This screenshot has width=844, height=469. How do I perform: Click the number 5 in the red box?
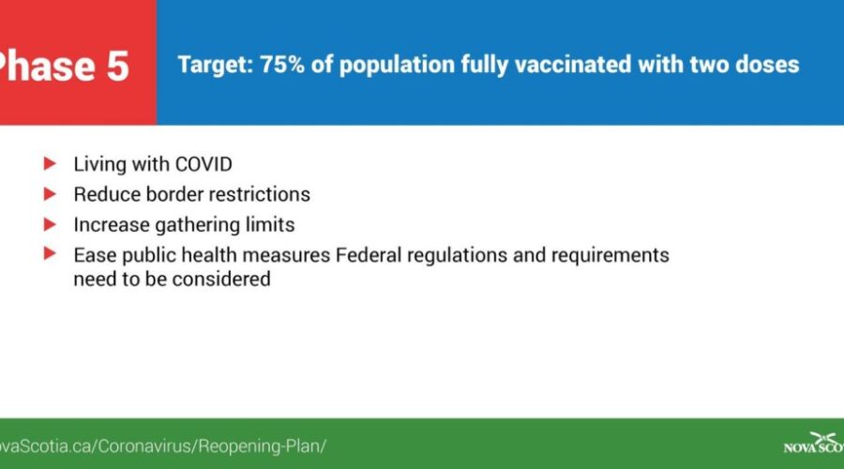[117, 67]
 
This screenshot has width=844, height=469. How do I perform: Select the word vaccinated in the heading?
[573, 65]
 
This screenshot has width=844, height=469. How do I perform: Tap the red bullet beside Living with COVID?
[50, 163]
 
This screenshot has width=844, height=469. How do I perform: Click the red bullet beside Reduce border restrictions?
[50, 193]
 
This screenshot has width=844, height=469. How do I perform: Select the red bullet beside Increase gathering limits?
[50, 223]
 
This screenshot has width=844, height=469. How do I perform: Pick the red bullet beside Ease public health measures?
[50, 253]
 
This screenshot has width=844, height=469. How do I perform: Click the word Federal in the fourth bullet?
[369, 255]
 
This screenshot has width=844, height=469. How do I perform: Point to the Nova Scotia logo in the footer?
[814, 443]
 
